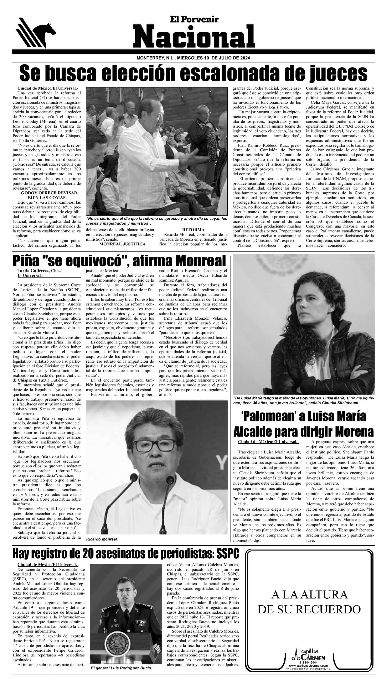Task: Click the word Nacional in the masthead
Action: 194,37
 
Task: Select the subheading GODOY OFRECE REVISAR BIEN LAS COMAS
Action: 49,195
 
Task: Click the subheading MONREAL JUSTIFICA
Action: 122,244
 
